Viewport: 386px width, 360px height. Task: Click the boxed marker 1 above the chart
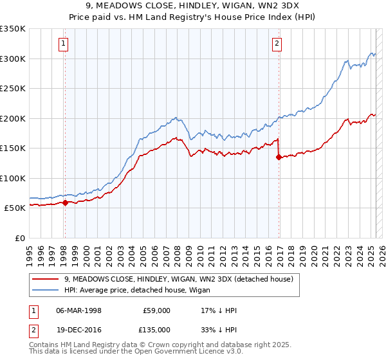coord(64,44)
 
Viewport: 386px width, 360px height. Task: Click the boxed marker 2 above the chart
coord(277,44)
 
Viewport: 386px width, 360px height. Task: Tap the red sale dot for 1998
coord(65,203)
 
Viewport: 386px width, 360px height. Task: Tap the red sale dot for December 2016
coord(279,157)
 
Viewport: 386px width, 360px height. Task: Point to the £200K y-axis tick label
coord(13,118)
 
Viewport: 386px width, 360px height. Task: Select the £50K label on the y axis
coord(15,208)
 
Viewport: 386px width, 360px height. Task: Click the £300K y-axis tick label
coord(13,59)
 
